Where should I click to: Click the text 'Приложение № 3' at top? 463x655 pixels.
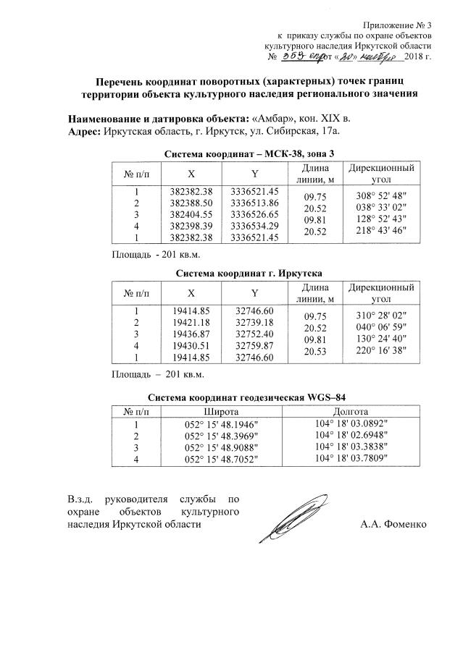click(x=397, y=24)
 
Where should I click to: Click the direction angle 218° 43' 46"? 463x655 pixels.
click(x=383, y=230)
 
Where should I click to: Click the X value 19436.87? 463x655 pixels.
click(x=191, y=333)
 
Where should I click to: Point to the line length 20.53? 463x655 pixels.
click(x=316, y=351)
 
